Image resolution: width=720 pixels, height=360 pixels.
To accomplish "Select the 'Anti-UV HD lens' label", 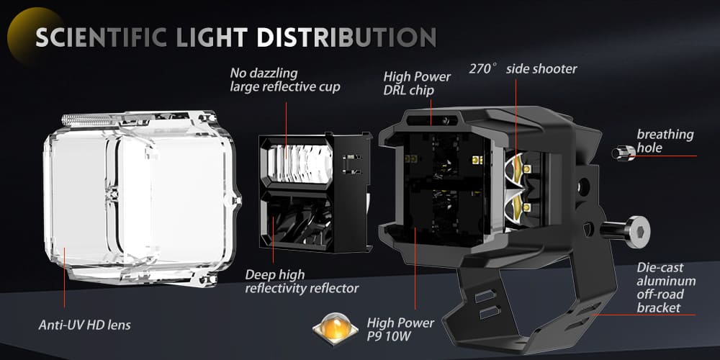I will (84, 325).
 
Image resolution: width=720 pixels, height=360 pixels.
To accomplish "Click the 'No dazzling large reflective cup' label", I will (285, 80).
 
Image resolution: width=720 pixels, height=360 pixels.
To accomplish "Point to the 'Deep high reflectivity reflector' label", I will (302, 282).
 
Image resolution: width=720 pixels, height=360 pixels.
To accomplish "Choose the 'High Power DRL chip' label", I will (417, 83).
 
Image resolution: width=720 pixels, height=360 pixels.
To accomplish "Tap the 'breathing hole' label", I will (665, 141).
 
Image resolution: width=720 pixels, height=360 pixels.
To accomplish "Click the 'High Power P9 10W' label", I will (400, 330).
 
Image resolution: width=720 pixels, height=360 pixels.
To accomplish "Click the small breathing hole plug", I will (623, 152).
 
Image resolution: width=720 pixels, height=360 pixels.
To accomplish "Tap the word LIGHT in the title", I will (210, 37).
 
